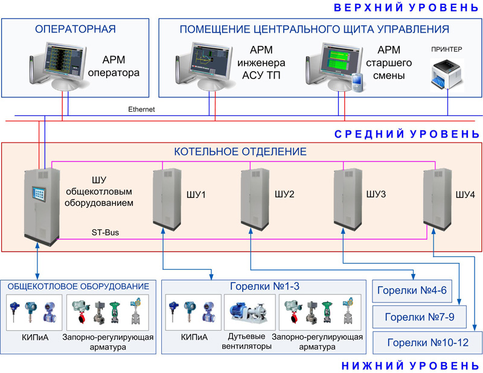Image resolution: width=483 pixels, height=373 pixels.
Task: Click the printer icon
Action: click(x=447, y=74)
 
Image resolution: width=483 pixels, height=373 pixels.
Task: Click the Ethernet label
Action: click(x=141, y=109)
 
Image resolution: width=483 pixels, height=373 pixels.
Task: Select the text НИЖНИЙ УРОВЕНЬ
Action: click(x=411, y=365)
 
